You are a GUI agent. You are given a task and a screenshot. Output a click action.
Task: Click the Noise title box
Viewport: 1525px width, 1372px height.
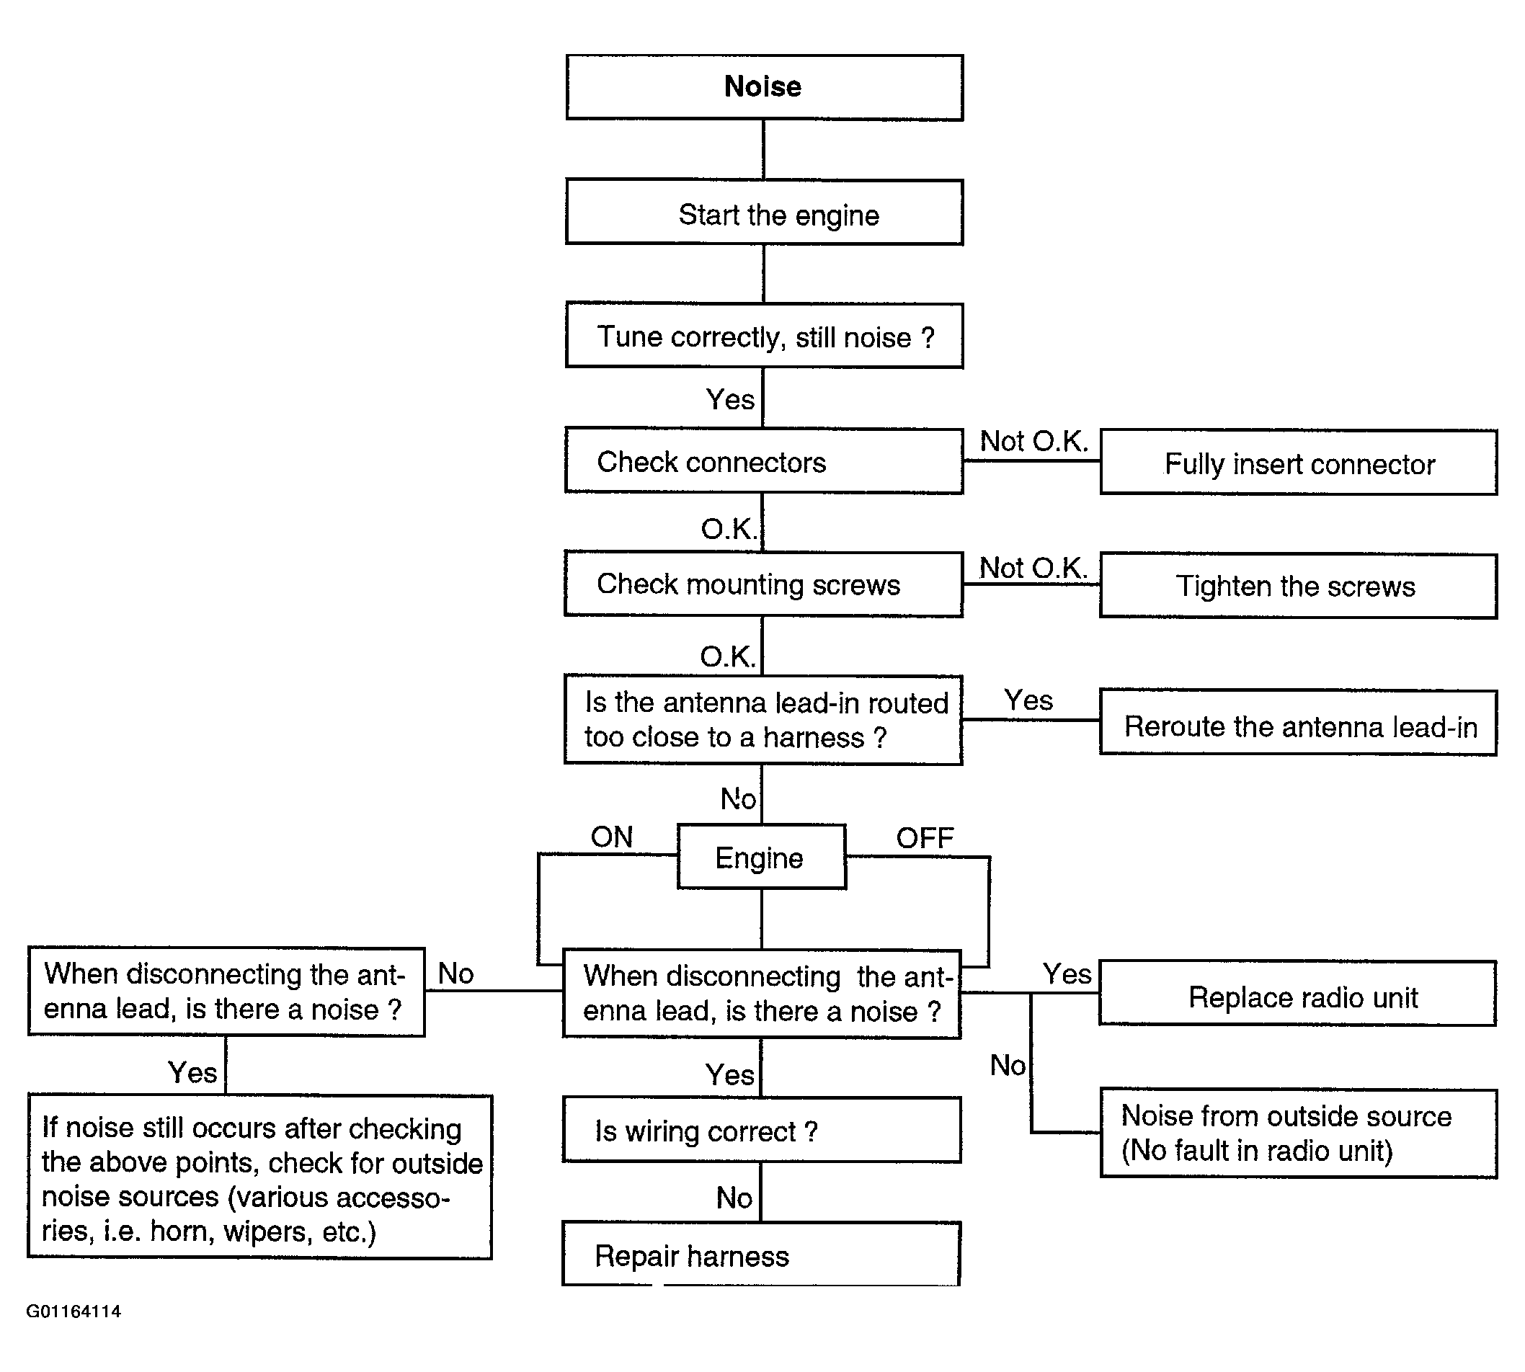tap(765, 87)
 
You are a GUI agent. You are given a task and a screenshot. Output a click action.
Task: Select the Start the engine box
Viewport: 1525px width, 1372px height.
tap(765, 212)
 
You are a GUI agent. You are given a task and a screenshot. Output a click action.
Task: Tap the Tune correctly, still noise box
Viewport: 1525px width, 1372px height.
tap(765, 336)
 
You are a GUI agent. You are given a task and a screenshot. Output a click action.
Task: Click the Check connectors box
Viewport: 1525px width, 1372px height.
tap(764, 460)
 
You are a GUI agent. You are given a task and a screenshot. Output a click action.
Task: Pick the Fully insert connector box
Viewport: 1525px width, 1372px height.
tap(1299, 462)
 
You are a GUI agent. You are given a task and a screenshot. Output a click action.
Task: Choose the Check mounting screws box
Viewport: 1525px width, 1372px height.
tap(764, 584)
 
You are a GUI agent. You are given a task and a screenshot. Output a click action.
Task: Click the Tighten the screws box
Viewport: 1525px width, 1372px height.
tap(1299, 586)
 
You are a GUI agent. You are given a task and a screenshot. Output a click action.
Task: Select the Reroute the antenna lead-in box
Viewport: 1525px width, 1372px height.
tap(1298, 722)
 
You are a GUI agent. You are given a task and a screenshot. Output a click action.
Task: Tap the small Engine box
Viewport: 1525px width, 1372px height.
tap(761, 856)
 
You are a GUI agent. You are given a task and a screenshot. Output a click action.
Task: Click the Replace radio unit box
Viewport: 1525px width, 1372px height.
tap(1297, 993)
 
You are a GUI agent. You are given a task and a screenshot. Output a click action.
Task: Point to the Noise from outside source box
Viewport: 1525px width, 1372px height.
tap(1299, 1133)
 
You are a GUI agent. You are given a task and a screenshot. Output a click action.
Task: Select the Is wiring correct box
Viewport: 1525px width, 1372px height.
tap(761, 1130)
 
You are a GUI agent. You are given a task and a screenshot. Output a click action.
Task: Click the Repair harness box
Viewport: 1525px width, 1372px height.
tap(761, 1254)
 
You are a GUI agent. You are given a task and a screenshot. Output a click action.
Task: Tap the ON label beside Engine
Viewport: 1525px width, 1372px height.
tap(611, 837)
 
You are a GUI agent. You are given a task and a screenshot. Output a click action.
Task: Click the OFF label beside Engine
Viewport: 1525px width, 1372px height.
tap(925, 837)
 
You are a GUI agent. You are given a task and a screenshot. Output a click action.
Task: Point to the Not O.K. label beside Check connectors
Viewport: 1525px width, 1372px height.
tap(1033, 441)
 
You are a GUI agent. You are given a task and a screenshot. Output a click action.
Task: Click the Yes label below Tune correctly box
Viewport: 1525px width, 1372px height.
tap(730, 399)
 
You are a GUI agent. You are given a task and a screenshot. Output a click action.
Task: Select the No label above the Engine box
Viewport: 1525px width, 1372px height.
tap(738, 798)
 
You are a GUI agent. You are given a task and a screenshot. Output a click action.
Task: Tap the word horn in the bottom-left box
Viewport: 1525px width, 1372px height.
tap(179, 1230)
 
